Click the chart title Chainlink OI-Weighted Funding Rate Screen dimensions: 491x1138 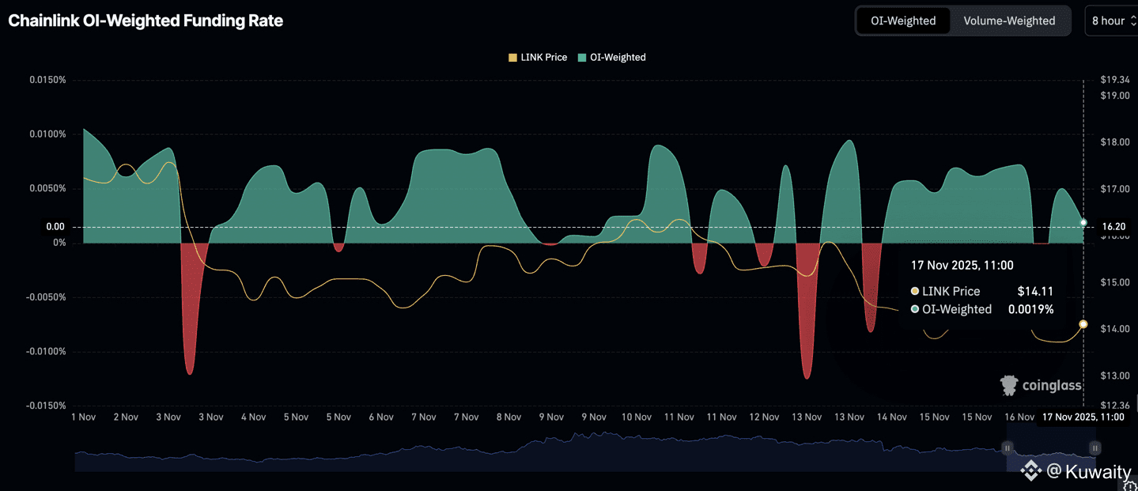pos(146,21)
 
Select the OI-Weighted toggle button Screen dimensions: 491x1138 pos(903,21)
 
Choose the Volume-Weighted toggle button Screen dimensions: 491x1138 pos(1009,21)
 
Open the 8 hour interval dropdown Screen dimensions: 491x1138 pos(1112,21)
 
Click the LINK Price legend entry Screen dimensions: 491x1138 pos(538,57)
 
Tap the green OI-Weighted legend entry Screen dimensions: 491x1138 pos(612,57)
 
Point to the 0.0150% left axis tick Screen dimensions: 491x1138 pos(47,80)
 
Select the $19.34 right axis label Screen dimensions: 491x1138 pos(1114,80)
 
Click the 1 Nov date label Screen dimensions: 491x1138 pos(83,417)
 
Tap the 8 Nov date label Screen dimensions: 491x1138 pos(509,417)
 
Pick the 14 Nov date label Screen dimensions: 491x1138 pos(892,417)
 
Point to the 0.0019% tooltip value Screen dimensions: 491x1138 pos(1030,309)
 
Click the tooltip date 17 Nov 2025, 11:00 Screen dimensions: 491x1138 pos(962,266)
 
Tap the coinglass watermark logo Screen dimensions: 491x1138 pos(1041,385)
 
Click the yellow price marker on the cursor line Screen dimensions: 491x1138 pos(1083,324)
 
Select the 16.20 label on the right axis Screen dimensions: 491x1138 pos(1113,227)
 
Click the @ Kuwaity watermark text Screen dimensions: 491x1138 pos(1088,472)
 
